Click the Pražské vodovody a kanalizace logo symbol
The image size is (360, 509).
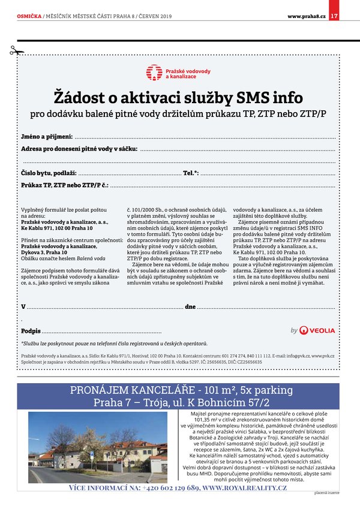tap(154, 73)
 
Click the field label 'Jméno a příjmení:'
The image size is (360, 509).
tap(47, 137)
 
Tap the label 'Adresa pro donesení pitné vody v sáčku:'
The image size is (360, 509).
tap(79, 149)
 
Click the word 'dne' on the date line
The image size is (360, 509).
tap(190, 306)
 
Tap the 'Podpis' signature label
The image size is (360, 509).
tap(31, 331)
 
